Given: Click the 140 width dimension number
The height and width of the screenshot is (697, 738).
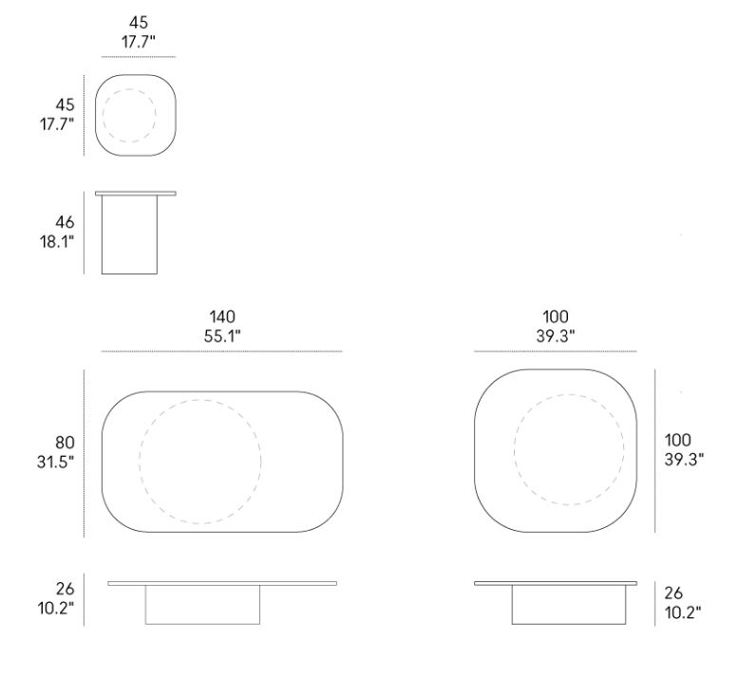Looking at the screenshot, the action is click(x=222, y=317).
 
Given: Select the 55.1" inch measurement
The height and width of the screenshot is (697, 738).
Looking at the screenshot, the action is click(x=222, y=336).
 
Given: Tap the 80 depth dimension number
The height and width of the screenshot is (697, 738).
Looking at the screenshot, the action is click(x=65, y=443).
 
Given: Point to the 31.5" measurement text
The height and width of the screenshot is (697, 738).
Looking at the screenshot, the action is click(x=55, y=462).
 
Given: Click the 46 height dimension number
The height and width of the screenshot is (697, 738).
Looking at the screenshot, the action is click(x=65, y=222).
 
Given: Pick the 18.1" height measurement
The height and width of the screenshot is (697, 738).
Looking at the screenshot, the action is click(x=56, y=242).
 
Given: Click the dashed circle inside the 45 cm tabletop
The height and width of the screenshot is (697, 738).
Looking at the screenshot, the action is click(x=103, y=116).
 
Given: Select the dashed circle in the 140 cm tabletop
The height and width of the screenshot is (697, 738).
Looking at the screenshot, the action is click(x=140, y=462).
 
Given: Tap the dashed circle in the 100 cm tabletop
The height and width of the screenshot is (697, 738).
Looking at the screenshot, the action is click(x=515, y=450).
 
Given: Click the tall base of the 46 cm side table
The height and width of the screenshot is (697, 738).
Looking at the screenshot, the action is click(x=129, y=235).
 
